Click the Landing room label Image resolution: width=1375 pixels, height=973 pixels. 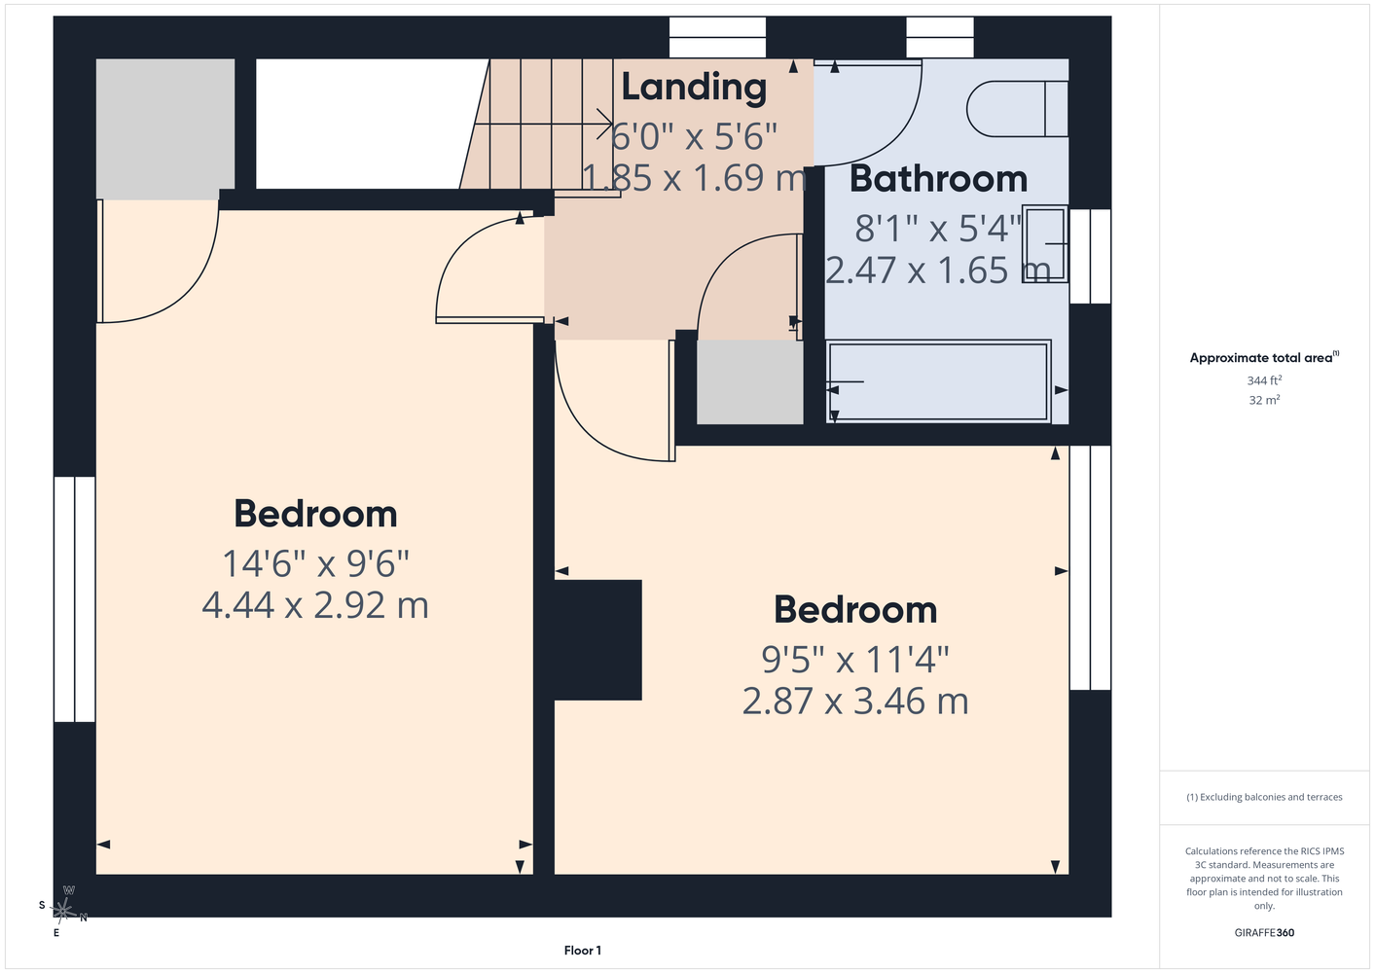point(694,87)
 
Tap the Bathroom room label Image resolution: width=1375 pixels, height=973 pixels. point(938,179)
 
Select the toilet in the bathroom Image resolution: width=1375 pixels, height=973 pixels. point(1017,109)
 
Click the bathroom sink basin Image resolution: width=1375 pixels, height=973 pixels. point(1045,243)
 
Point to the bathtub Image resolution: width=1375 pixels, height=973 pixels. point(938,381)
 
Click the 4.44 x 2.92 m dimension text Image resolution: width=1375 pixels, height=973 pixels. point(315,605)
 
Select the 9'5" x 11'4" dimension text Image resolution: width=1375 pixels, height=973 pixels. point(855,660)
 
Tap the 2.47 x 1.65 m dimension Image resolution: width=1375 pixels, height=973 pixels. point(938,270)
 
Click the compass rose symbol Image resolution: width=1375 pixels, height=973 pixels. point(62,911)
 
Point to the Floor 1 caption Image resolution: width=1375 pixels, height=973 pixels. point(583,951)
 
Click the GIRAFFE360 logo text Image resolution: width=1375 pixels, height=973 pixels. point(1264,932)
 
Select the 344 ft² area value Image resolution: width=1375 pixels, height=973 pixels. point(1264,380)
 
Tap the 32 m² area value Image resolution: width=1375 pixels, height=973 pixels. point(1264,400)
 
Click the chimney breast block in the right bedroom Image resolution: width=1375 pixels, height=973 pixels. point(597,639)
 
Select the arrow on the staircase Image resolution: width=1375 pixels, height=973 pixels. point(543,125)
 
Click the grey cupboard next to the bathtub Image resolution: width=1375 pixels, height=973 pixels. point(749,381)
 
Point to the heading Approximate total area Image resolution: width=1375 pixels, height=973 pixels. point(1264,357)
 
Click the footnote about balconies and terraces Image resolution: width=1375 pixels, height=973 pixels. point(1264,797)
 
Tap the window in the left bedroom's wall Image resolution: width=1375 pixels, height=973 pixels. point(74,599)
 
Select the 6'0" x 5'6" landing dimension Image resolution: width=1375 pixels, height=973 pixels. point(694,136)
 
